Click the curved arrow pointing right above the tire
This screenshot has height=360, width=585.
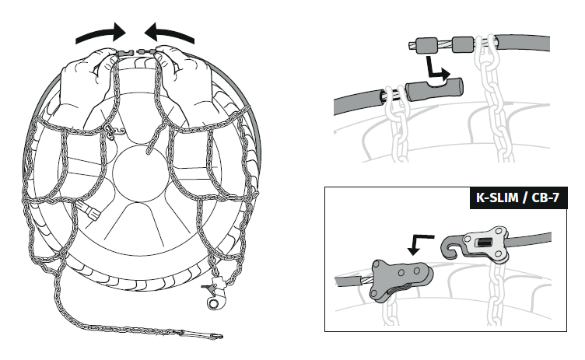click(x=100, y=33)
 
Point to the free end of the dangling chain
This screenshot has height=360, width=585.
click(x=219, y=337)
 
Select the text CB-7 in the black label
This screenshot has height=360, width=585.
click(x=547, y=198)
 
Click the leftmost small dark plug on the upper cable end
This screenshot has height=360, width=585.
click(x=425, y=46)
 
